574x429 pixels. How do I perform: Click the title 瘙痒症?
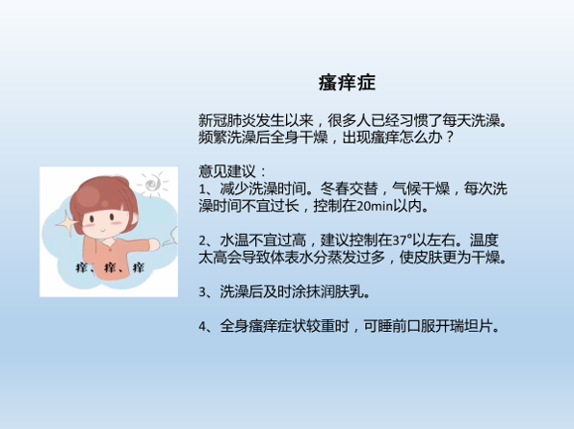tap(347, 83)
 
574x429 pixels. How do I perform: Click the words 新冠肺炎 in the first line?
tap(227, 120)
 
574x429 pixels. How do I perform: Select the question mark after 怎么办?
tap(450, 138)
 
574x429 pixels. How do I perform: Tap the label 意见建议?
tap(227, 171)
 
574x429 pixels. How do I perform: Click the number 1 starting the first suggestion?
tap(202, 189)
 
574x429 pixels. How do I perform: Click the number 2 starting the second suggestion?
tap(203, 240)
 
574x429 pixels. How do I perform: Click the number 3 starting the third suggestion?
tap(203, 292)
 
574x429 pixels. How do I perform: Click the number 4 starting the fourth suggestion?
tap(203, 326)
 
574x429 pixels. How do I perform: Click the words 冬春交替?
tap(349, 189)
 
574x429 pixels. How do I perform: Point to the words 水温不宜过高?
tap(263, 240)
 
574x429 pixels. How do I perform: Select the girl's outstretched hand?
tap(154, 244)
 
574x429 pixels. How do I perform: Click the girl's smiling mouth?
tap(103, 231)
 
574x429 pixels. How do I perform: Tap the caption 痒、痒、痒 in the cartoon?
tap(110, 267)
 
